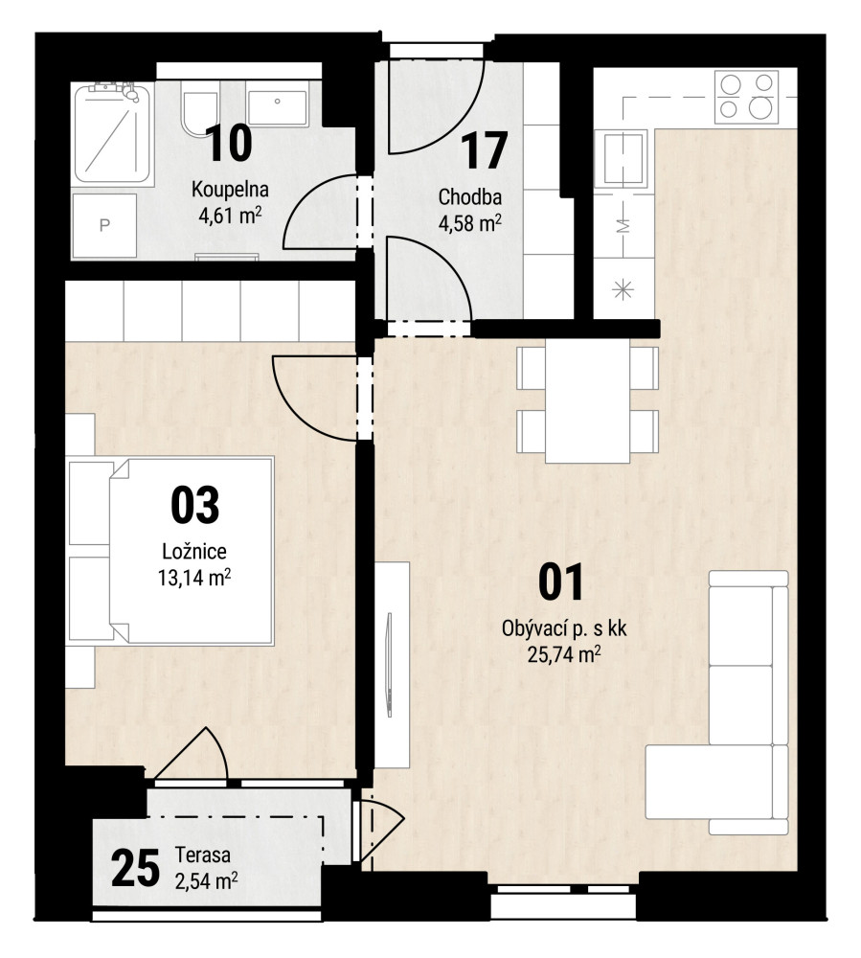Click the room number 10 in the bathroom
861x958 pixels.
[x=228, y=143]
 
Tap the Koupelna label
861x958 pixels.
[x=230, y=190]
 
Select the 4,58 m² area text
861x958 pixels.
[x=469, y=223]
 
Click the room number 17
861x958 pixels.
[x=484, y=150]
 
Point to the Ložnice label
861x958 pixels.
[x=194, y=551]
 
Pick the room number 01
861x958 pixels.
[x=561, y=582]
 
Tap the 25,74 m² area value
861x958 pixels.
[x=563, y=655]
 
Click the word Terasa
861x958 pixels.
[x=203, y=855]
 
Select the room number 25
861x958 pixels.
[x=136, y=868]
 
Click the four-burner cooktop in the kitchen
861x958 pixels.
[x=746, y=97]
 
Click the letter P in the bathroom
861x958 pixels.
[x=104, y=225]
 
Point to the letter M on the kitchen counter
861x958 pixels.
[x=623, y=226]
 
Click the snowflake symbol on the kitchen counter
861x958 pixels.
[x=623, y=289]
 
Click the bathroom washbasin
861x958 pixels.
[x=277, y=109]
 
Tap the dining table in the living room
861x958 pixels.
[x=587, y=400]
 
